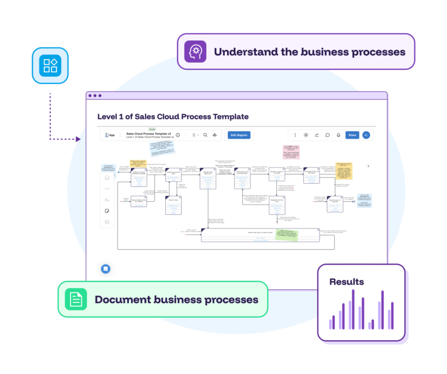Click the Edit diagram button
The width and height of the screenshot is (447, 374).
point(239,135)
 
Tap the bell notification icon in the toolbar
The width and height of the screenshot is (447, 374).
point(338,135)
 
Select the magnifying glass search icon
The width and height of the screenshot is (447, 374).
point(206,135)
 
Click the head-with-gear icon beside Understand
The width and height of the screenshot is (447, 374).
point(196,52)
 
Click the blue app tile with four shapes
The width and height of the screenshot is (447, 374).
point(50,65)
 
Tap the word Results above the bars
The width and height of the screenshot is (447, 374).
point(347,282)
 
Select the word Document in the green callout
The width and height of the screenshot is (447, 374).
point(121,300)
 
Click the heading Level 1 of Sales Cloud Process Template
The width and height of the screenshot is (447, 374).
point(173,117)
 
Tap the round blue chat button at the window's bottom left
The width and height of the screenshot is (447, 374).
point(105,269)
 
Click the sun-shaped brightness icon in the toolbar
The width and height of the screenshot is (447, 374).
point(306,135)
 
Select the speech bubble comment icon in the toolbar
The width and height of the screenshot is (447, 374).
point(327,135)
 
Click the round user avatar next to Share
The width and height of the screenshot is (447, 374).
point(366,135)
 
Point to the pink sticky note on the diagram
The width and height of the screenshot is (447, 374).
point(294,152)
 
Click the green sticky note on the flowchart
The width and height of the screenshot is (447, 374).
point(286,235)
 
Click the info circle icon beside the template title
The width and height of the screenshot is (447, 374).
point(178,135)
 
